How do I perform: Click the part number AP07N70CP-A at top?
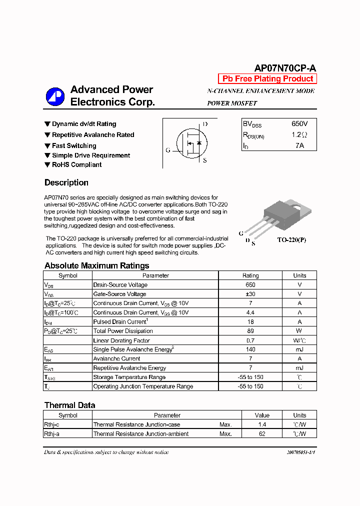tap(285, 68)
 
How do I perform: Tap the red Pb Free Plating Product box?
tap(267, 78)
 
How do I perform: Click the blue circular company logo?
tap(55, 96)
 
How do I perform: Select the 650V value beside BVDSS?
tap(299, 123)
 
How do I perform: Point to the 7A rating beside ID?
tap(299, 145)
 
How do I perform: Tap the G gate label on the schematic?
tap(168, 150)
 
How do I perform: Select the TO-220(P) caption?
tap(291, 240)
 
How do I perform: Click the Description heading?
tap(66, 182)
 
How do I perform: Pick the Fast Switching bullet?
tap(74, 145)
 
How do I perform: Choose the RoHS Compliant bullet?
tap(76, 164)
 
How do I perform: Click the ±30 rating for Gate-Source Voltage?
tap(250, 294)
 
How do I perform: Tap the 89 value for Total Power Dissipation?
tap(250, 331)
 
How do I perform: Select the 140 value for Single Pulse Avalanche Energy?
tap(250, 349)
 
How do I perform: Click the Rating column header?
tap(250, 275)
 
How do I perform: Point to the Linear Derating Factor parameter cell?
tap(121, 340)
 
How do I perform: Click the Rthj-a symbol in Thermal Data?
tap(52, 434)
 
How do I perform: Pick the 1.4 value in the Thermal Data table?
tap(261, 424)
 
